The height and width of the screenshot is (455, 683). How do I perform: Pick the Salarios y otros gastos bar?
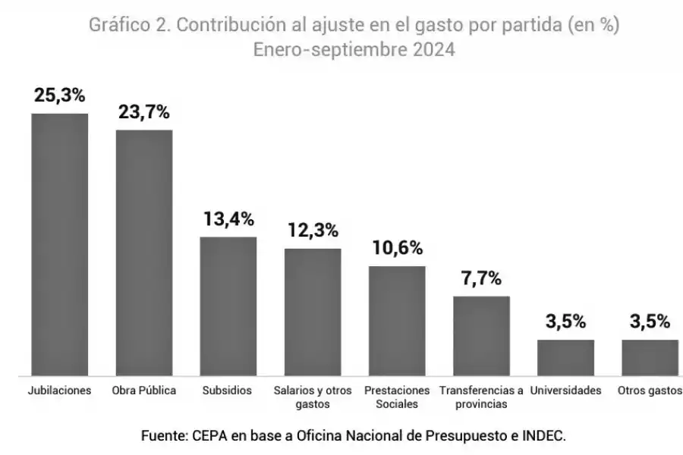313,312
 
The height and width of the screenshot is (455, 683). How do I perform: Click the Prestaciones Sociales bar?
397,321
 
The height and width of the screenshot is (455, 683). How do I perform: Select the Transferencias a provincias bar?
481,336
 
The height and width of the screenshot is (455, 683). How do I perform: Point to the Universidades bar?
565,358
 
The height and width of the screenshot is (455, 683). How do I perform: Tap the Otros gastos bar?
650,358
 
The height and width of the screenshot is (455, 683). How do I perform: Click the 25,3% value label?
59,96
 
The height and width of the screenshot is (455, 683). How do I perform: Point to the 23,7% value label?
143,112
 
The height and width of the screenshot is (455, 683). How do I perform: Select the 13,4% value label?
228,220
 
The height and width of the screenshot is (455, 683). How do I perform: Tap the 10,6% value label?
397,248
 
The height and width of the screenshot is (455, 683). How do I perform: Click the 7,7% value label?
481,278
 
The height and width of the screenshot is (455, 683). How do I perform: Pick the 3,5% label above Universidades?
565,322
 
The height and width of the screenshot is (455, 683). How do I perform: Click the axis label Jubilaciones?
59,391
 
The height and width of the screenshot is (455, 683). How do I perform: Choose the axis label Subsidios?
227,391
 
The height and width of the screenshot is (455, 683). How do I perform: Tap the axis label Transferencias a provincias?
481,397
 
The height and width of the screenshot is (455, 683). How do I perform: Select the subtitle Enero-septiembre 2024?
354,51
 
